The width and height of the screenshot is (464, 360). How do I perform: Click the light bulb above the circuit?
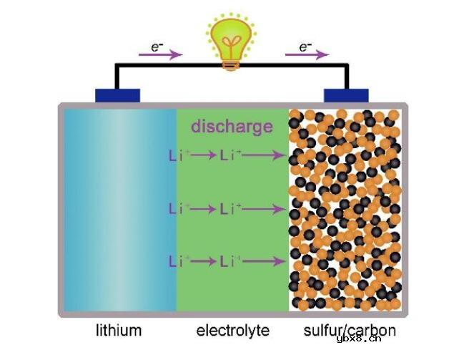[x=231, y=42]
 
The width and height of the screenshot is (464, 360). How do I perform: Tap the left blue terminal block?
[x=117, y=95]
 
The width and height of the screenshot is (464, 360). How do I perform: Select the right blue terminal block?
[x=346, y=95]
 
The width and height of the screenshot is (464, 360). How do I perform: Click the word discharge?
[x=232, y=127]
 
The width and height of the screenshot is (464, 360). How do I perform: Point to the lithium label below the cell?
[x=119, y=330]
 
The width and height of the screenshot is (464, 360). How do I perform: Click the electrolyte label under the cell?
[x=233, y=330]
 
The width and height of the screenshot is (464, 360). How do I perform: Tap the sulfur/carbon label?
[x=350, y=331]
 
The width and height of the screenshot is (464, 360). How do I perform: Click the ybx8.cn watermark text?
[x=359, y=339]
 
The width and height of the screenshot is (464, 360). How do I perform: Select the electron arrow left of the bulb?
[x=161, y=54]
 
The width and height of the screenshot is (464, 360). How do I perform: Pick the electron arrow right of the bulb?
[x=307, y=54]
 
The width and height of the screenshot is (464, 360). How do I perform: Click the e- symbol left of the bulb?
[x=157, y=47]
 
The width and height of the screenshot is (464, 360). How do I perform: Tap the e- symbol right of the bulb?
[x=305, y=47]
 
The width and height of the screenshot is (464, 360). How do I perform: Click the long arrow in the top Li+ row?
[x=264, y=155]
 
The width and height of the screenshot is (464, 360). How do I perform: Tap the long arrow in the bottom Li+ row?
[x=264, y=261]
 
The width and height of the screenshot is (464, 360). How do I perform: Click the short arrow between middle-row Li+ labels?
[x=203, y=209]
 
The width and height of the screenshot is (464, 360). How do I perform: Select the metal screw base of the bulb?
[x=231, y=65]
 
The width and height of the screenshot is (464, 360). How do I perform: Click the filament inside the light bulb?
[x=231, y=44]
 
